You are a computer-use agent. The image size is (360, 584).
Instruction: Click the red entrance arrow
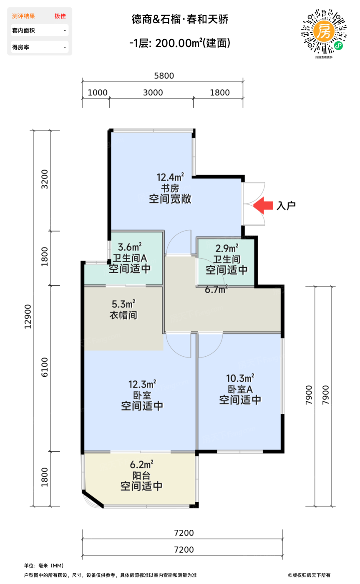pyautogui.click(x=263, y=205)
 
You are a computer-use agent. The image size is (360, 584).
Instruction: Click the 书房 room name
pyautogui.click(x=170, y=188)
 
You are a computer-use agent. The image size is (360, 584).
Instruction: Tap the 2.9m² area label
pyautogui.click(x=226, y=248)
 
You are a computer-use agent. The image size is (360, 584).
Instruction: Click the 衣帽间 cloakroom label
pyautogui.click(x=123, y=315)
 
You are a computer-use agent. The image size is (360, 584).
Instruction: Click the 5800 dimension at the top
pyautogui.click(x=164, y=76)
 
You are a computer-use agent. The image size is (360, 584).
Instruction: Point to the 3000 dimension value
pyautogui.click(x=153, y=93)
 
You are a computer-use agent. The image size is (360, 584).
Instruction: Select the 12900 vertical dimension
pyautogui.click(x=28, y=316)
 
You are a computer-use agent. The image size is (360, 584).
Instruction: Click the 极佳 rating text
pyautogui.click(x=60, y=16)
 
